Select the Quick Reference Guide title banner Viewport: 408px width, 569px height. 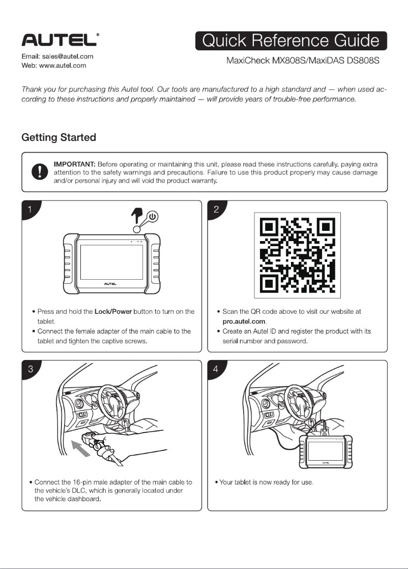tap(291, 41)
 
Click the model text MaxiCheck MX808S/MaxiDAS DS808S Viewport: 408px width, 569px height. tap(303, 62)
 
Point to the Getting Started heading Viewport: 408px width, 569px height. tap(59, 137)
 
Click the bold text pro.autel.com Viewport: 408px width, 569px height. tap(245, 321)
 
